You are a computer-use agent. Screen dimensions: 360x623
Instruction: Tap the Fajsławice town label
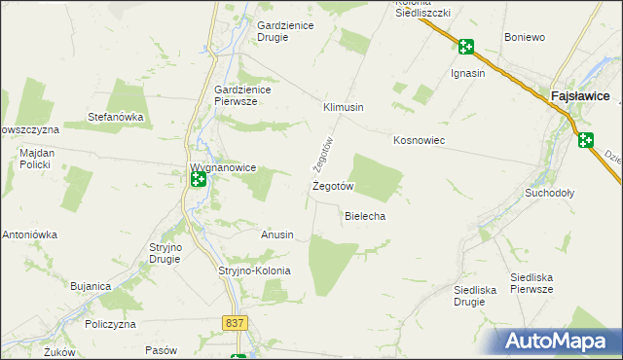pyautogui.click(x=580, y=97)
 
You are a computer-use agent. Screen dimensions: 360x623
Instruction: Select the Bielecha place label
pyautogui.click(x=366, y=216)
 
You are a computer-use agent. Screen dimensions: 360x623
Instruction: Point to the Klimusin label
pyautogui.click(x=344, y=107)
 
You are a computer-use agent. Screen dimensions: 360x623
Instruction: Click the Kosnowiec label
pyautogui.click(x=419, y=140)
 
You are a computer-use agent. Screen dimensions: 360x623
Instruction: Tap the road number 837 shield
pyautogui.click(x=234, y=323)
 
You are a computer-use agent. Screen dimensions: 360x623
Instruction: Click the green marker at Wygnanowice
pyautogui.click(x=199, y=179)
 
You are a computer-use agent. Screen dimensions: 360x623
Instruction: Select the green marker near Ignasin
pyautogui.click(x=466, y=47)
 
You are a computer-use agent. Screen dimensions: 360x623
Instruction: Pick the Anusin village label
pyautogui.click(x=277, y=234)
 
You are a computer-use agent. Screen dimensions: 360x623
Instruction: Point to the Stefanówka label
pyautogui.click(x=116, y=117)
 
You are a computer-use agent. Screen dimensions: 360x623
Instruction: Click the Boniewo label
pyautogui.click(x=525, y=37)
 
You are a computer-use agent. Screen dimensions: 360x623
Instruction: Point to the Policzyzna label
pyautogui.click(x=108, y=324)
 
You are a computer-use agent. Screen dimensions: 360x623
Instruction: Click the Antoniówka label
pyautogui.click(x=30, y=234)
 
